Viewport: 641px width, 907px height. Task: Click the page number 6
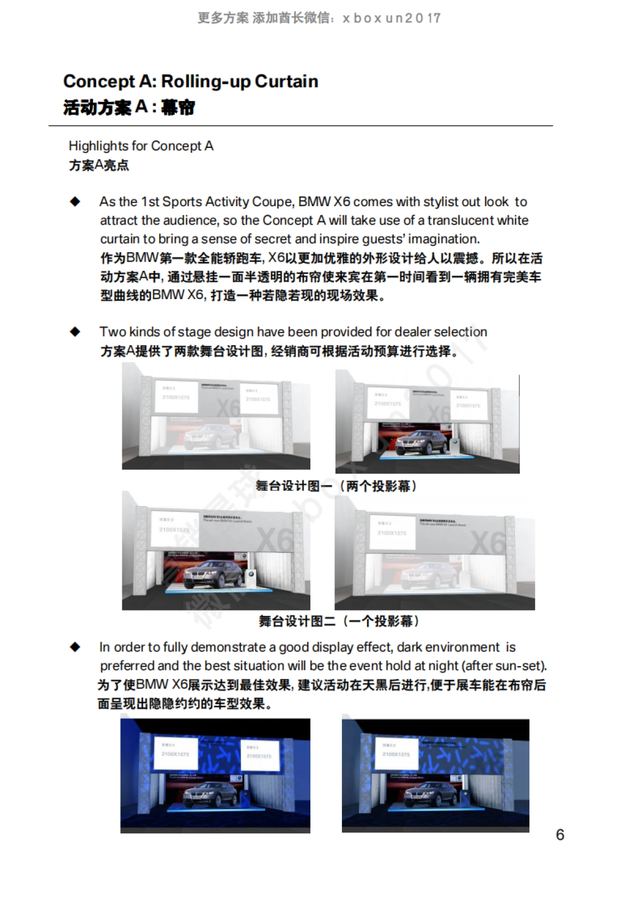tap(560, 834)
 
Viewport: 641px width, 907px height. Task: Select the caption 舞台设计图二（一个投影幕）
tap(339, 621)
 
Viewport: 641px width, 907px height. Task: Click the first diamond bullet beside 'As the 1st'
tap(75, 202)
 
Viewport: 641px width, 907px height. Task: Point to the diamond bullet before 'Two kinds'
tap(75, 332)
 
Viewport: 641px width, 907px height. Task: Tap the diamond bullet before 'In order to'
tap(75, 647)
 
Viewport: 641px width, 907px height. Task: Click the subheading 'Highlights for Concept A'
tap(141, 146)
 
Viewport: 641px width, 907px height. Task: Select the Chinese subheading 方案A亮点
tap(99, 165)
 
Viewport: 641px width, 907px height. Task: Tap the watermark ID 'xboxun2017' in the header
tap(392, 18)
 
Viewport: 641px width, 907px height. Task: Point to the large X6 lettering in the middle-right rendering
tap(487, 542)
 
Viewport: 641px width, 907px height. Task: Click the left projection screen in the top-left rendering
tap(176, 396)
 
